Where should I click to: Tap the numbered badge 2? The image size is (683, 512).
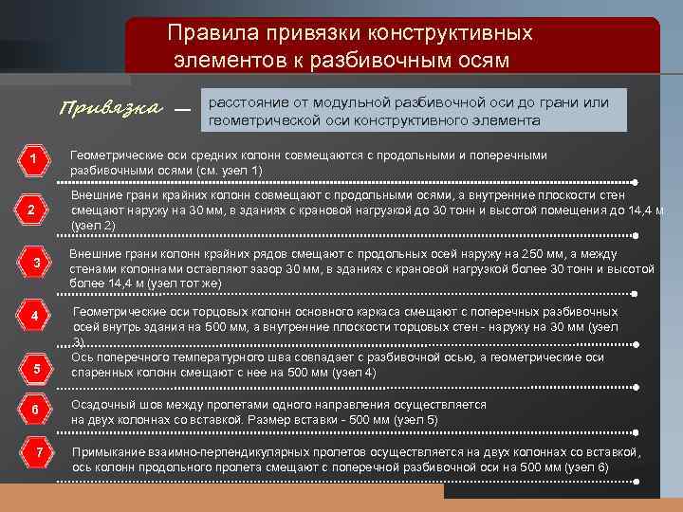point(32,210)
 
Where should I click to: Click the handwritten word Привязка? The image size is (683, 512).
point(110,106)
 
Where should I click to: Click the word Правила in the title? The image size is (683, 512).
point(206,33)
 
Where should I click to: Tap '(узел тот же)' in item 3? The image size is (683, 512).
point(180,283)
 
